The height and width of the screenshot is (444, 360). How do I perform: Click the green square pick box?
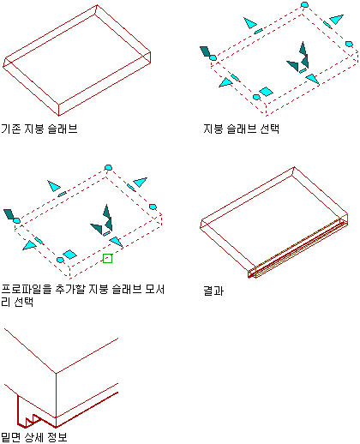pos(107,259)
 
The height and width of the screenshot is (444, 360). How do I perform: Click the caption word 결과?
pos(213,291)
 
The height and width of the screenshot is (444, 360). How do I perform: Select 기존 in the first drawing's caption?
pos(11,129)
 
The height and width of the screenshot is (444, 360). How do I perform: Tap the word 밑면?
pos(11,437)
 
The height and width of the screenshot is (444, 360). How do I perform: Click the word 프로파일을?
pos(27,290)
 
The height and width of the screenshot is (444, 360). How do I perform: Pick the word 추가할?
pos(70,290)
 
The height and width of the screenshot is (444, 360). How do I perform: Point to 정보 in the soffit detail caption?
pos(57,437)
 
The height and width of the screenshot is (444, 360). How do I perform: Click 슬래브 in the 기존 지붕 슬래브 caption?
pos(63,129)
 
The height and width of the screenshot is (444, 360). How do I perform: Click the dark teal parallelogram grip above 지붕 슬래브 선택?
pos(205,51)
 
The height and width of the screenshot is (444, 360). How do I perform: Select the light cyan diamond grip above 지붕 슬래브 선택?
pos(266,92)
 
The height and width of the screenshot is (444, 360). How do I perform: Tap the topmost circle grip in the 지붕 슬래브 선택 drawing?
pos(305,4)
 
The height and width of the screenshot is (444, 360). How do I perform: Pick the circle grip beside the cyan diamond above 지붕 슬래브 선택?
pos(256,97)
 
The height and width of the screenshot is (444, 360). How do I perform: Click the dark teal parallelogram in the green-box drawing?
pos(9,214)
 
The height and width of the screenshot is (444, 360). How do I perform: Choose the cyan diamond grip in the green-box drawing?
pos(69,255)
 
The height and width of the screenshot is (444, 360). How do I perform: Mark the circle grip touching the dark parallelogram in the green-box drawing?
pos(16,220)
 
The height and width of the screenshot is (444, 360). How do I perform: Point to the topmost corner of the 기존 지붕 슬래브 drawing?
pos(97,4)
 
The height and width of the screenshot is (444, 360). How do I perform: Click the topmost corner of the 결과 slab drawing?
pos(294,167)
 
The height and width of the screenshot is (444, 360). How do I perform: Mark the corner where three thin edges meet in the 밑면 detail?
pos(56,373)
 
